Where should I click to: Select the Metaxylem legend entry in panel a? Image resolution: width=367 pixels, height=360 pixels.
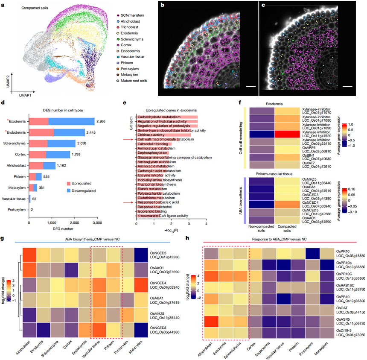(x=133, y=74)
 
